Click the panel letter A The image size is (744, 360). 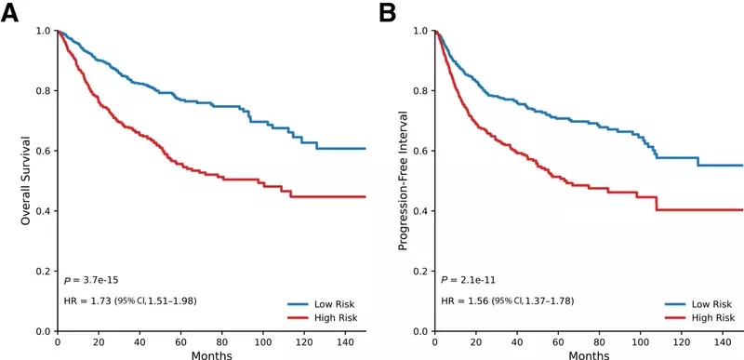(x=10, y=14)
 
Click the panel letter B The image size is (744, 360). (x=387, y=14)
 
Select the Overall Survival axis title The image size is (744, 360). (x=26, y=180)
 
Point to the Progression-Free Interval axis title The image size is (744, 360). (x=403, y=180)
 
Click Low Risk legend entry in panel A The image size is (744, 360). (x=322, y=304)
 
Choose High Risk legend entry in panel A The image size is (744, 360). (x=322, y=317)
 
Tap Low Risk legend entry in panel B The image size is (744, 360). (x=699, y=304)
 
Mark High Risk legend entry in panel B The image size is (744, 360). (x=699, y=317)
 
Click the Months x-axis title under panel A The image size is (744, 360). (x=212, y=354)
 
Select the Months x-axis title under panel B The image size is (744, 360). (x=589, y=354)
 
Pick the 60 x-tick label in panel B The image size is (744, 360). (x=558, y=341)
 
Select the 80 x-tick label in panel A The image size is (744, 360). (x=221, y=341)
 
